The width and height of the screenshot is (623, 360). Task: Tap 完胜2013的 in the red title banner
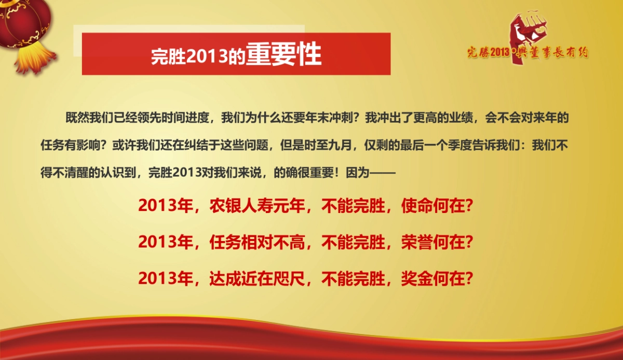pos(197,56)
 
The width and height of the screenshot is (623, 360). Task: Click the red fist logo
pos(524,36)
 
